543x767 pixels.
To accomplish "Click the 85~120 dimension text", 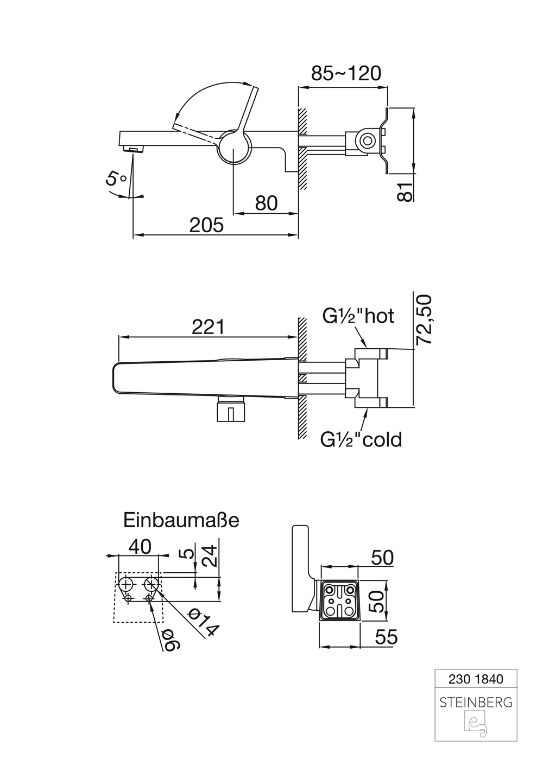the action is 346,73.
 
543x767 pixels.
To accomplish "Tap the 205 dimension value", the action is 206,225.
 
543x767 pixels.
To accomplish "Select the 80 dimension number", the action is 267,203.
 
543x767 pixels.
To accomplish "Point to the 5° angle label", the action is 116,178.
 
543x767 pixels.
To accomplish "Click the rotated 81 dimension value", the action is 405,191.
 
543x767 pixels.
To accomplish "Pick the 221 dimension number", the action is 208,327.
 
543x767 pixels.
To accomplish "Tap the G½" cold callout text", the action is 361,439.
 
